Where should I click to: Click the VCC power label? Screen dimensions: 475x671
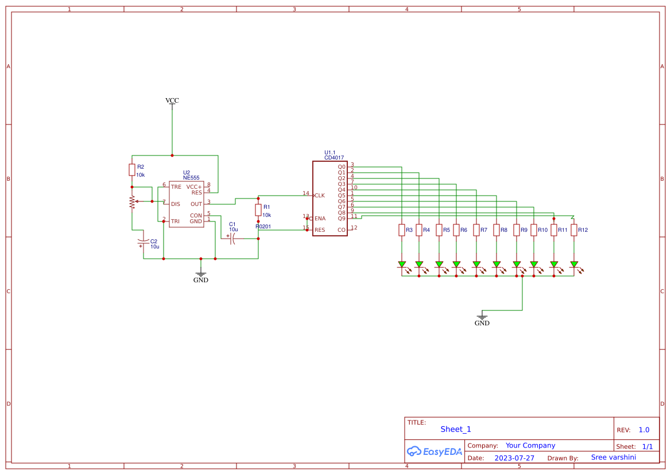click(x=172, y=100)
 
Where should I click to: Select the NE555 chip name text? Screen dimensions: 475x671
click(x=191, y=178)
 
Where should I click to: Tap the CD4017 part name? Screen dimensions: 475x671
click(x=334, y=157)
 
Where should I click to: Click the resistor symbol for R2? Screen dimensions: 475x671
click(x=132, y=170)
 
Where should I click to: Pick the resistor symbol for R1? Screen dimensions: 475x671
click(x=258, y=209)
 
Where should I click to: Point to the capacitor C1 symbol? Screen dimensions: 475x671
click(x=233, y=239)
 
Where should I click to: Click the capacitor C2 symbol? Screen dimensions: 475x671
click(x=143, y=243)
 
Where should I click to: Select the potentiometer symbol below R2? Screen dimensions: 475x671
click(x=132, y=201)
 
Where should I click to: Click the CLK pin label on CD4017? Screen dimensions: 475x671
click(x=320, y=196)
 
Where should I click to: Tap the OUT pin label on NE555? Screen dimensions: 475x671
click(x=196, y=204)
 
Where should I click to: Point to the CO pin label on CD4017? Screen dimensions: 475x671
click(x=342, y=230)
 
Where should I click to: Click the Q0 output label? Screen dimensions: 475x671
click(x=342, y=167)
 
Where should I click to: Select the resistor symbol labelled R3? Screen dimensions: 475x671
click(x=402, y=230)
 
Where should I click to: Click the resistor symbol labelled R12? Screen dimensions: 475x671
click(x=574, y=230)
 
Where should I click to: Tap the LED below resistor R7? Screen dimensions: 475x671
click(x=476, y=265)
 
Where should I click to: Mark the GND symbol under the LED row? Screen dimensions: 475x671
click(x=482, y=317)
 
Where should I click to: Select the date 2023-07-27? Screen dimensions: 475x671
click(x=514, y=458)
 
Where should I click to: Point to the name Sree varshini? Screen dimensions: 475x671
click(x=613, y=457)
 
